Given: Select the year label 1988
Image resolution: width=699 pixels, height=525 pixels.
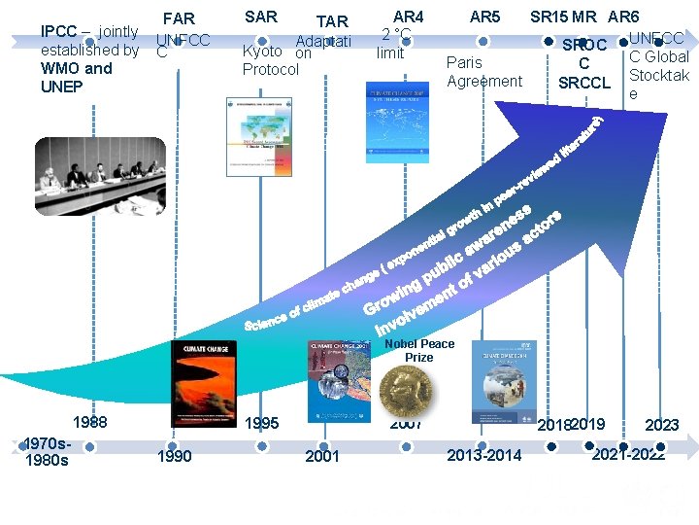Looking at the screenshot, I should (90, 423).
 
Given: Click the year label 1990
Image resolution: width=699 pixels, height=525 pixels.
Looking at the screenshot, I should (174, 456).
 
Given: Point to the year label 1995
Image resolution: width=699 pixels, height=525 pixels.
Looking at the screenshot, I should (261, 423).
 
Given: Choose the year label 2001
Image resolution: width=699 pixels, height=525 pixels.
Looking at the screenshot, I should (322, 456).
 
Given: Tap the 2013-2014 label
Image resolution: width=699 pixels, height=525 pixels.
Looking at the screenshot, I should (483, 455).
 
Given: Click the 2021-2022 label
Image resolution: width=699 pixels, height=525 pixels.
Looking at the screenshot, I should (628, 454).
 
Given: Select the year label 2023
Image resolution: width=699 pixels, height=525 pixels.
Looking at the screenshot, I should (661, 425).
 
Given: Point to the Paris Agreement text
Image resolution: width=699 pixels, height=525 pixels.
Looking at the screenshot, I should (483, 72).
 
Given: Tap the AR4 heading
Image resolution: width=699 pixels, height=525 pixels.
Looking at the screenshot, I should (408, 17).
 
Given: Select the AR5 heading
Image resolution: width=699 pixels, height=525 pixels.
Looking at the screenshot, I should (484, 17).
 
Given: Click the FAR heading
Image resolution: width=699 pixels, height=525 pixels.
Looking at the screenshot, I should (179, 18).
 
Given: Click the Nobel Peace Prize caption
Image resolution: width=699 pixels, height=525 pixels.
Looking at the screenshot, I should (418, 350).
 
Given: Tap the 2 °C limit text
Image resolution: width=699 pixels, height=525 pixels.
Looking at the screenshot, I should (395, 44).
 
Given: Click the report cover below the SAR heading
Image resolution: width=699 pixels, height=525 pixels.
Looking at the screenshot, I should (258, 137).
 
